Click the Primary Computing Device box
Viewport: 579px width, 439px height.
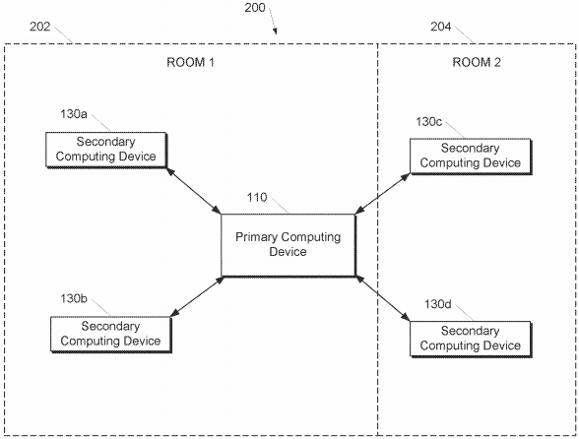click(x=289, y=245)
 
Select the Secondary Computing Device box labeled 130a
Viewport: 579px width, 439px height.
click(x=106, y=150)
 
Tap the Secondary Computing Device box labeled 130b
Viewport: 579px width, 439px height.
click(x=111, y=335)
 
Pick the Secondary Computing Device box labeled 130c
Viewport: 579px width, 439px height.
click(x=471, y=157)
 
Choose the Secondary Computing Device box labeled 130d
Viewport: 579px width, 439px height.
click(x=471, y=339)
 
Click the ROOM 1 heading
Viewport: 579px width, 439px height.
click(x=191, y=62)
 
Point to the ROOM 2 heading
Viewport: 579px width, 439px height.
click(x=477, y=62)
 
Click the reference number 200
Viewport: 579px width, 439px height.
click(x=255, y=8)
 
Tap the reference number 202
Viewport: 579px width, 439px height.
click(x=39, y=27)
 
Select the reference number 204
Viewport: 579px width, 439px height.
click(x=440, y=27)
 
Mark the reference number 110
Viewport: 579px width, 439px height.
click(x=257, y=197)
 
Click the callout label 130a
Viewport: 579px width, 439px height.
click(x=74, y=114)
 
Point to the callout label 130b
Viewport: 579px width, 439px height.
click(x=74, y=298)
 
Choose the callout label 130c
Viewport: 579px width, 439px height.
click(x=429, y=121)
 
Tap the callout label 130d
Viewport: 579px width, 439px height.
click(x=437, y=304)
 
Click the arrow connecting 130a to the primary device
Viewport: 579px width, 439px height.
click(x=194, y=191)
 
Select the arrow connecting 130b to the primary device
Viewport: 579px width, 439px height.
click(x=197, y=296)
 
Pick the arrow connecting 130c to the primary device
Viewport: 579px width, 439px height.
click(x=382, y=194)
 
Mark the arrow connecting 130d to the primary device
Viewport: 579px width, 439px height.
click(x=383, y=298)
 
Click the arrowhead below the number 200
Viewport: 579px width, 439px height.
click(x=275, y=31)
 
